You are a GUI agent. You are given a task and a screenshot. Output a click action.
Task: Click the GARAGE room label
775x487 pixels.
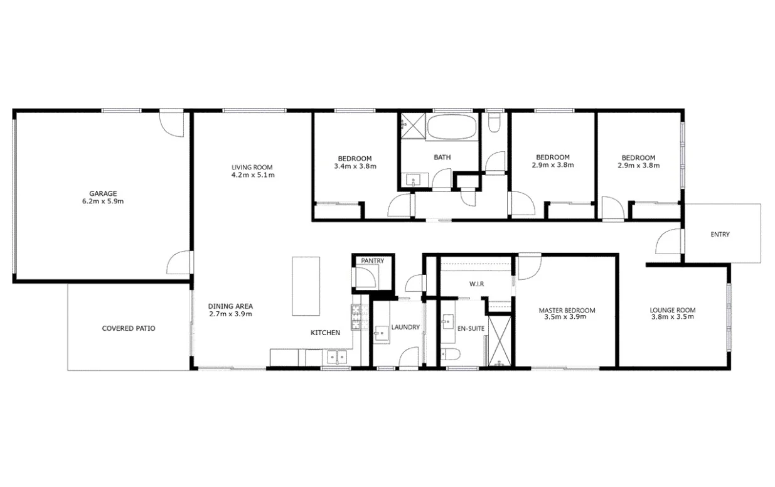(x=102, y=194)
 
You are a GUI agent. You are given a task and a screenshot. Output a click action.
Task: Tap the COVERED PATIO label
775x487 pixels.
(x=129, y=328)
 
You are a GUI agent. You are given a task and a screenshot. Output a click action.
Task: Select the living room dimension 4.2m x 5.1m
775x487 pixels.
(x=252, y=175)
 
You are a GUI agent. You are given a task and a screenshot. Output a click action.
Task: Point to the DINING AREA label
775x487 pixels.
(x=230, y=306)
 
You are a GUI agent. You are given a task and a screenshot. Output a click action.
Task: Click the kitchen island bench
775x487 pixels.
(x=306, y=286)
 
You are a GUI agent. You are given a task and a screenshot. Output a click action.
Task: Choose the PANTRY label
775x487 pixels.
(x=372, y=261)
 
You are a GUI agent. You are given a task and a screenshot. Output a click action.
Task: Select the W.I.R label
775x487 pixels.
(x=476, y=284)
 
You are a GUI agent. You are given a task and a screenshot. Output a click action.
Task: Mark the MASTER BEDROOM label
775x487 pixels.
(x=567, y=310)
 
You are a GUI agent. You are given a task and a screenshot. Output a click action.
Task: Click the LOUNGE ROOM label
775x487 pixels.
(x=672, y=310)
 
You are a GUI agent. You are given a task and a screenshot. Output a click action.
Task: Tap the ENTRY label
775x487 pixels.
(x=720, y=235)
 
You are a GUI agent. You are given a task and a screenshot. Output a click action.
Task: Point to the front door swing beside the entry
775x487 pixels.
(x=669, y=242)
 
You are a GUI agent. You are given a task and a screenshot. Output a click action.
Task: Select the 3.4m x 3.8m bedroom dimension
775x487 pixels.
(x=355, y=166)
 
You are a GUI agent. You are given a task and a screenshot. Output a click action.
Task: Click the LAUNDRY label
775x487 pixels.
(x=405, y=327)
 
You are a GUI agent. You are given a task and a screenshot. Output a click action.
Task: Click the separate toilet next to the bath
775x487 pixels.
(x=494, y=122)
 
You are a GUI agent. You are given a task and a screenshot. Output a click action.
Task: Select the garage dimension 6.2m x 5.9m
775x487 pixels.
(x=102, y=202)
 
